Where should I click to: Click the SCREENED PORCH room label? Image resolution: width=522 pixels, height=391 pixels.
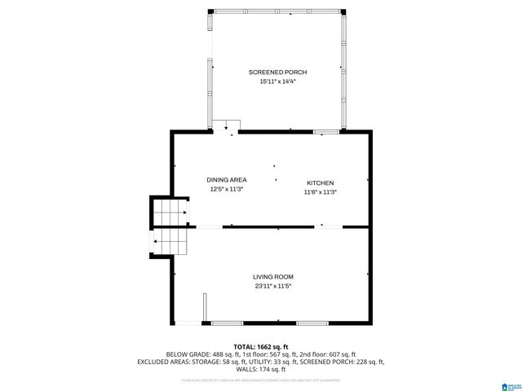coord(277,72)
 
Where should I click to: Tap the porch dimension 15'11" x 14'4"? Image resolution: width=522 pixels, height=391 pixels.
coord(277,81)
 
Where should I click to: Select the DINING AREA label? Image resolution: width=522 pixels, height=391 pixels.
coord(226,179)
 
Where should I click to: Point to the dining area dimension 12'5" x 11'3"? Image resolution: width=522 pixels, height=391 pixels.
coord(226,189)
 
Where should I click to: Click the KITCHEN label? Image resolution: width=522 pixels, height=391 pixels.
coord(320,182)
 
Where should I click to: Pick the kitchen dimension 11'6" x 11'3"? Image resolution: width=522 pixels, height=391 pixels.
coord(320,192)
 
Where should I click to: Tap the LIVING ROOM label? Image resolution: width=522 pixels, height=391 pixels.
coord(272,277)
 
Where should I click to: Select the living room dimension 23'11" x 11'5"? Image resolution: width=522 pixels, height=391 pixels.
coord(272,287)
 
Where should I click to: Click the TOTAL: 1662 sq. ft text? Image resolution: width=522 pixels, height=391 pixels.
coord(261,346)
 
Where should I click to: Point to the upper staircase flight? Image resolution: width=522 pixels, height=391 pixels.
coord(171,213)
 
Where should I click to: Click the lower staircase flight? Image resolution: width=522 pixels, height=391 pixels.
coord(171,241)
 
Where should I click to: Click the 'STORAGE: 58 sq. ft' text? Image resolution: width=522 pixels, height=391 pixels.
coord(215,361)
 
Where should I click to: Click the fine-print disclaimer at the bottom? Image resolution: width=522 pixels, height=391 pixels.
coord(261,380)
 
